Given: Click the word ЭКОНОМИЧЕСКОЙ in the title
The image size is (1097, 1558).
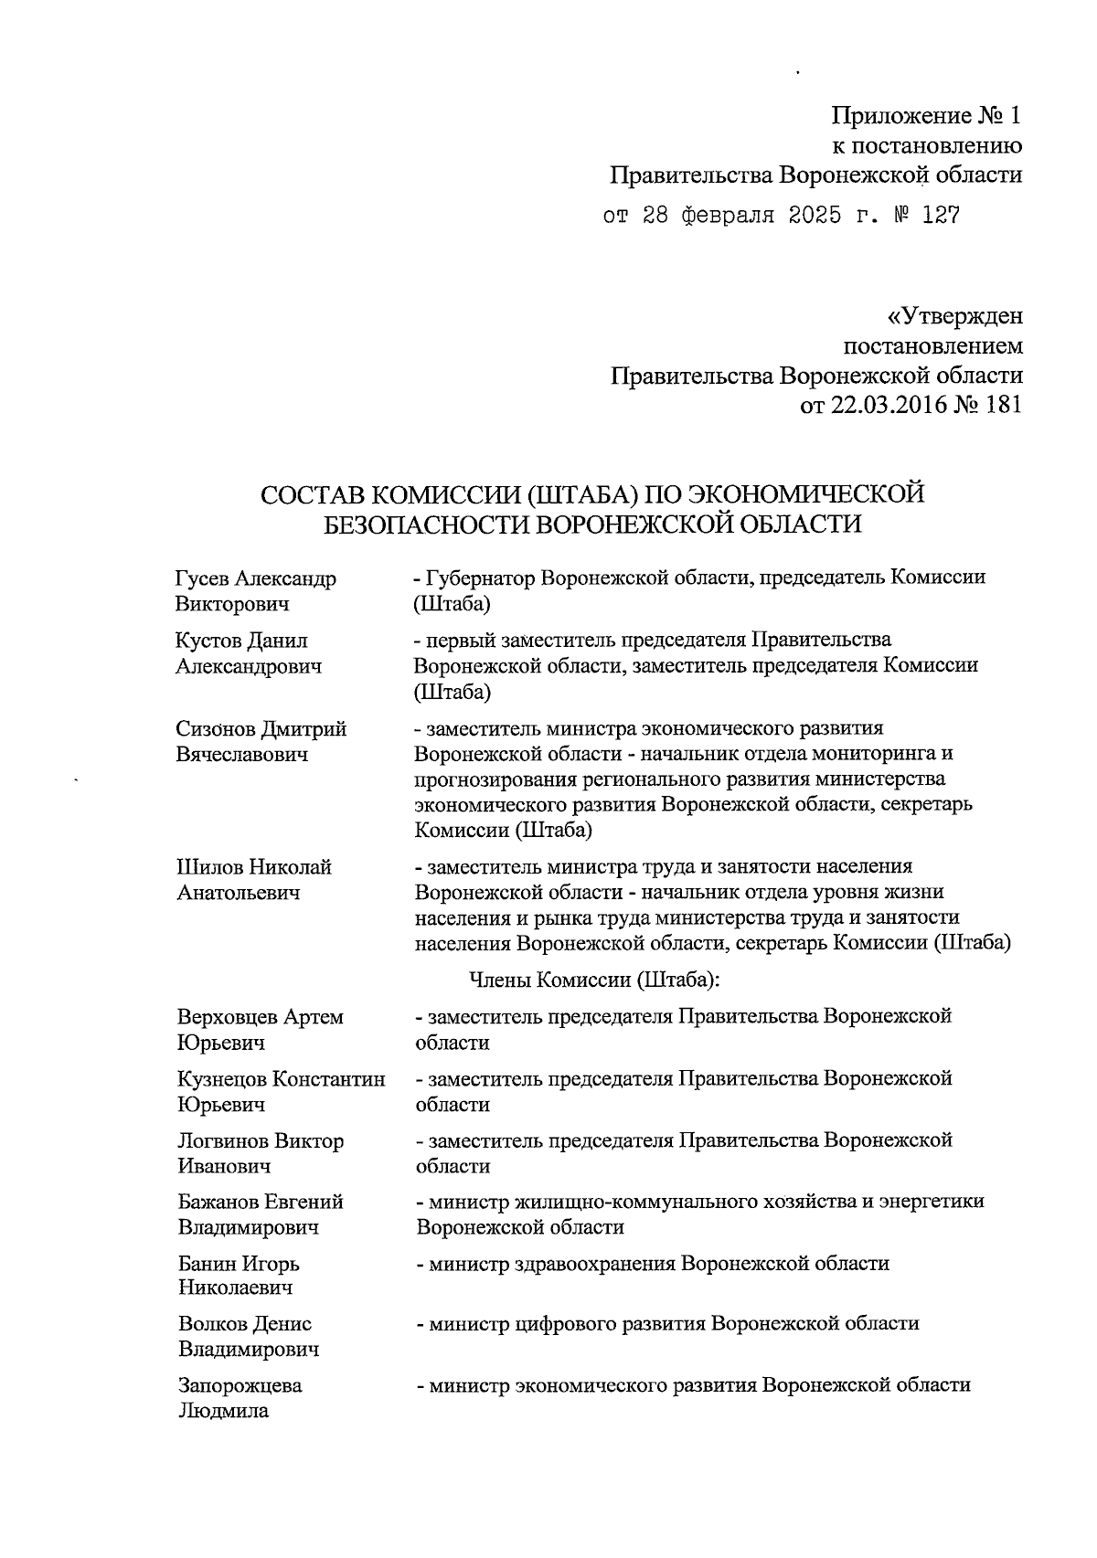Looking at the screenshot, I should pos(806,494).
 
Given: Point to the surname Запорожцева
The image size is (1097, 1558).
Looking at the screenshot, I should pos(240,1385).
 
